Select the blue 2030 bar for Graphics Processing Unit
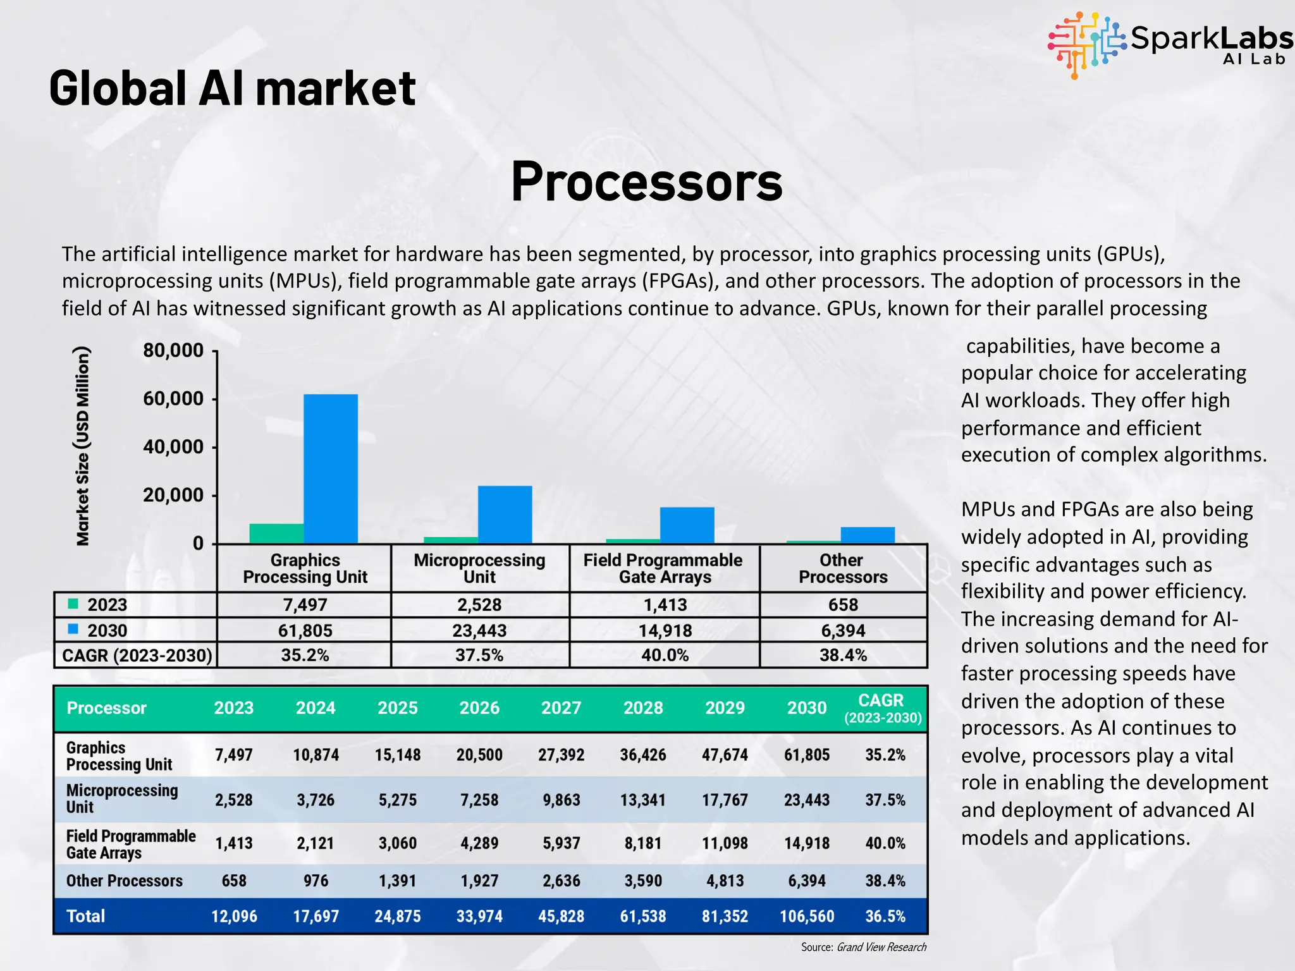(x=330, y=468)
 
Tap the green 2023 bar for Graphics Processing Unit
(x=276, y=534)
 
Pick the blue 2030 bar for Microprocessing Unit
(x=505, y=514)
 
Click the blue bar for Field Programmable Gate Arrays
(x=687, y=525)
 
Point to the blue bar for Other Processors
(x=868, y=535)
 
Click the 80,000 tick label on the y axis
(x=173, y=351)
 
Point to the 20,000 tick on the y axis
(x=173, y=495)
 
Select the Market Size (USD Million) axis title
(x=83, y=446)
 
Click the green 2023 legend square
(x=73, y=604)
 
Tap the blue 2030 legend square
(x=73, y=630)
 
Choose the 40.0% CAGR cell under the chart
(x=665, y=656)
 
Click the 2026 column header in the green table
(x=479, y=708)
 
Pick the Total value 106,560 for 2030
(x=807, y=917)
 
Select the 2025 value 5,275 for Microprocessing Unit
(x=397, y=800)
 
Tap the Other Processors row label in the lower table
(x=125, y=881)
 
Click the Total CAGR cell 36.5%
(x=885, y=917)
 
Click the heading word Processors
(x=646, y=182)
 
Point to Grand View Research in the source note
(x=881, y=947)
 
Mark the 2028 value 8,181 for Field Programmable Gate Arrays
(x=643, y=843)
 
